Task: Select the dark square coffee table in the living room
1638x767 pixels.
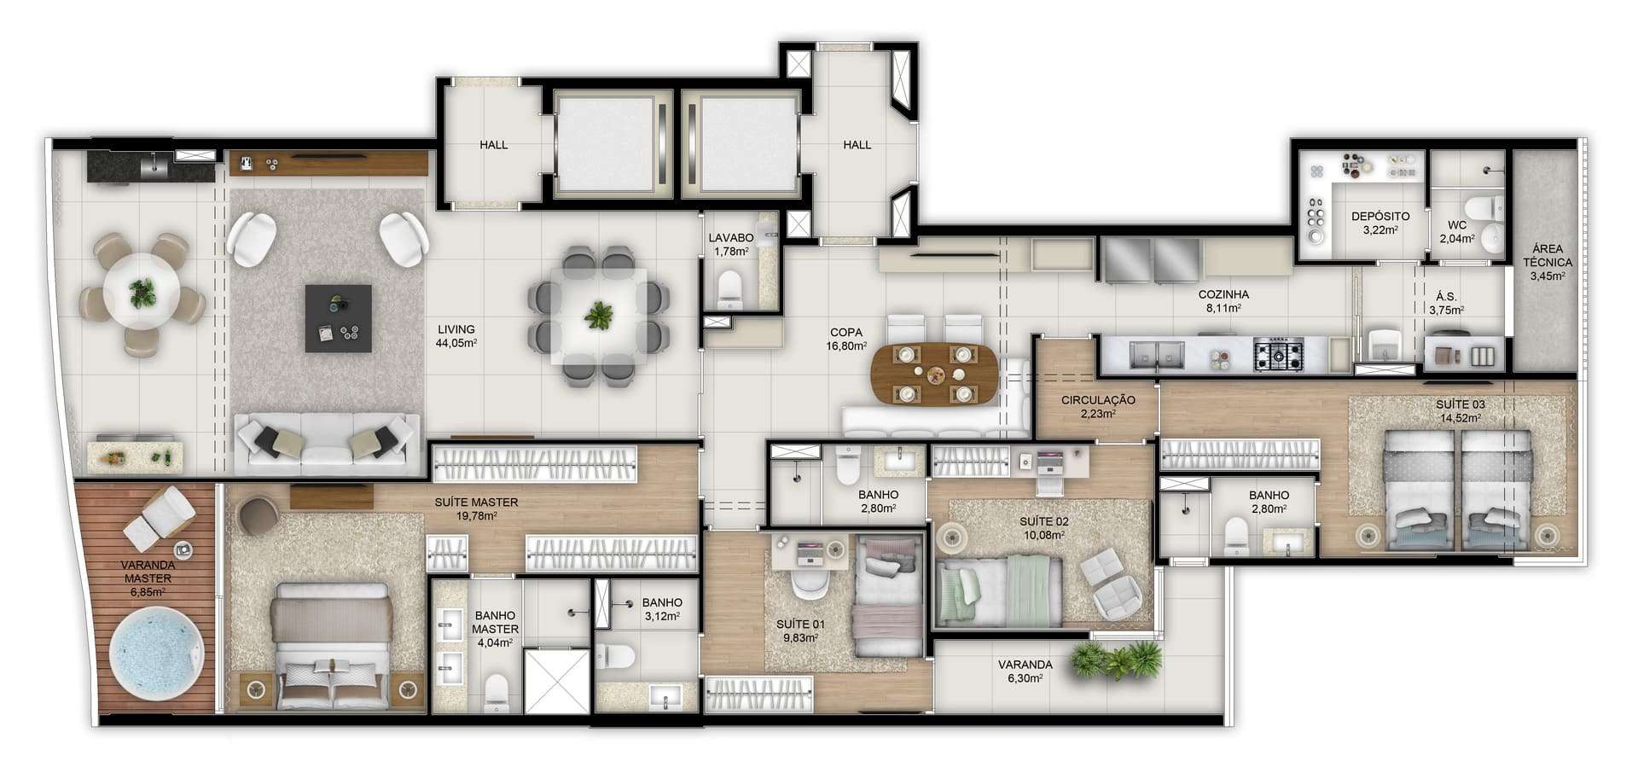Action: [x=339, y=318]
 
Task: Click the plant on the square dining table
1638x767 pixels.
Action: [x=599, y=315]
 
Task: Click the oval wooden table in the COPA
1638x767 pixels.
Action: [x=934, y=374]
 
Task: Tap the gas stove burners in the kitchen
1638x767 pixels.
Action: [x=1278, y=354]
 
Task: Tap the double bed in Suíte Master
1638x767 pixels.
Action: [x=331, y=645]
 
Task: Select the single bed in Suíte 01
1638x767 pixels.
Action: [x=890, y=596]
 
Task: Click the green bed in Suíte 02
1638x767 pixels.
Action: [x=999, y=590]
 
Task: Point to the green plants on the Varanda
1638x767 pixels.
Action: [x=1117, y=660]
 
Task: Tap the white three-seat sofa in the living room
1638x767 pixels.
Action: [x=327, y=444]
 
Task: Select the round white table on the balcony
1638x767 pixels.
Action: [x=142, y=293]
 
